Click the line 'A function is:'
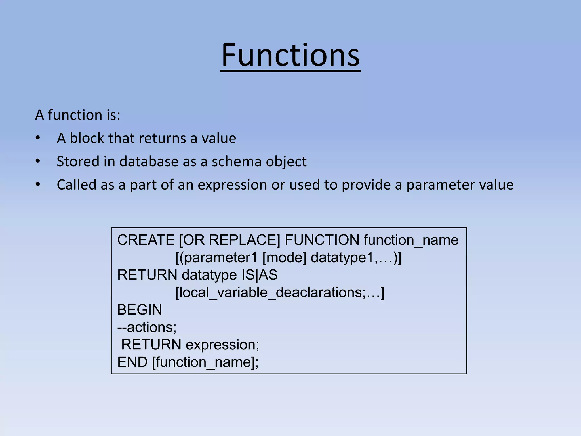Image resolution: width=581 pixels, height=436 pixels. coord(78,115)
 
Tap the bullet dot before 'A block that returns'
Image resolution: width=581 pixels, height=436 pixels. coord(38,138)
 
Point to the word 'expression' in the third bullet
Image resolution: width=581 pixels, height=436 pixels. coord(232,185)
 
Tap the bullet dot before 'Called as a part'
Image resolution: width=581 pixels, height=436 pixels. coord(38,185)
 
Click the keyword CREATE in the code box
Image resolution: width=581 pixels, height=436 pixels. coord(146,240)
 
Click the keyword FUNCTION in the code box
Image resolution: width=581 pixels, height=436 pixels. coord(322,240)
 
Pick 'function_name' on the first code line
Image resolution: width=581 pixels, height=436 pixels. coord(411,240)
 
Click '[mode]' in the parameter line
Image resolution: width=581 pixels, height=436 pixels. coord(285,258)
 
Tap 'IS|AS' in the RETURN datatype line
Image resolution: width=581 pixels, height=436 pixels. coord(260,275)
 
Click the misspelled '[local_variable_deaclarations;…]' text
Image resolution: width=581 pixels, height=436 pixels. coord(280,293)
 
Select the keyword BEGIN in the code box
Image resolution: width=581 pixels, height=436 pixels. coord(140,310)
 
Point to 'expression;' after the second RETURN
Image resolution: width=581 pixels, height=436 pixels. coord(222,345)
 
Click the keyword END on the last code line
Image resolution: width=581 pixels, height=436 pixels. coord(132,362)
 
